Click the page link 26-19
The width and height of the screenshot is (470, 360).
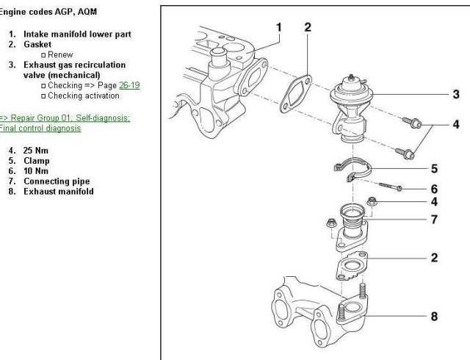[130, 85]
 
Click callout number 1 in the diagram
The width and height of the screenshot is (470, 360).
[279, 27]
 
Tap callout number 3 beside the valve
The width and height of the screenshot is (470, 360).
[455, 93]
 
